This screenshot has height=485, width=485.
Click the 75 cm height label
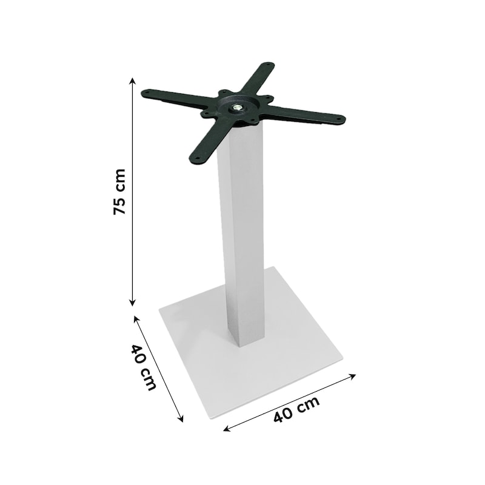pyautogui.click(x=119, y=192)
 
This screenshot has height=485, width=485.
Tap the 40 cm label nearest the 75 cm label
pyautogui.click(x=143, y=367)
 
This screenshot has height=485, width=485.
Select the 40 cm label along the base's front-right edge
pyautogui.click(x=296, y=409)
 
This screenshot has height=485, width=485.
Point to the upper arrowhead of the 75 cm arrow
pyautogui.click(x=132, y=81)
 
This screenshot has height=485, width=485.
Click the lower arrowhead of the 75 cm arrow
pyautogui.click(x=132, y=303)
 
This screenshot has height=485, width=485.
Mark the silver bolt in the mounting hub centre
pyautogui.click(x=237, y=108)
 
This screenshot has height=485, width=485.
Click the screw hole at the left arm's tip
pyautogui.click(x=147, y=92)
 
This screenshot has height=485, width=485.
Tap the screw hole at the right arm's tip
pyautogui.click(x=339, y=118)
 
